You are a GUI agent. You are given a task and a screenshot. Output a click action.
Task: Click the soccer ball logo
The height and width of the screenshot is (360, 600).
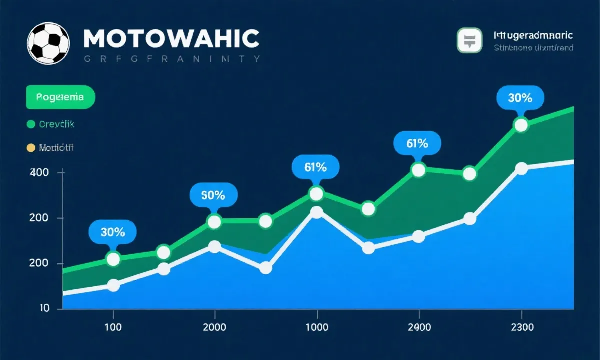click(48, 43)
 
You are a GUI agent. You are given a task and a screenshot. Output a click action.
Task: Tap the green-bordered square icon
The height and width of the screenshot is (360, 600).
click(469, 40)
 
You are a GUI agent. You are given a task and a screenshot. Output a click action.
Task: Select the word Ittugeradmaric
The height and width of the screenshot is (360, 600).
click(533, 36)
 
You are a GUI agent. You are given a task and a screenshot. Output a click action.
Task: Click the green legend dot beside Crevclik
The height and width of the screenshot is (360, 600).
click(31, 124)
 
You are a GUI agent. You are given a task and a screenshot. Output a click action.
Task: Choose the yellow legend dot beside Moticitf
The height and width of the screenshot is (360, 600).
click(31, 148)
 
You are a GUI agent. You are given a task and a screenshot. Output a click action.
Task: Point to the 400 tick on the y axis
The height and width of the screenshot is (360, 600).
click(39, 172)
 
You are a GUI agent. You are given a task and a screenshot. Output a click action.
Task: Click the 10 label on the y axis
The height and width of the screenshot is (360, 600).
click(44, 308)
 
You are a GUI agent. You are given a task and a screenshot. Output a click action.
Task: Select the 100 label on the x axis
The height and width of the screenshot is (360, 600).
click(113, 328)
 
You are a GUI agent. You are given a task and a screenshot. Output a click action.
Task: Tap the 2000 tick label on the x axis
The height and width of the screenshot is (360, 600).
click(215, 328)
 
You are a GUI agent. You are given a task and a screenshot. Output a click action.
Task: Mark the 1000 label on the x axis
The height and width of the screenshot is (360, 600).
click(316, 328)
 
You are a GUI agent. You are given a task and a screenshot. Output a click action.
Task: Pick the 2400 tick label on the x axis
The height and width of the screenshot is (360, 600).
click(418, 328)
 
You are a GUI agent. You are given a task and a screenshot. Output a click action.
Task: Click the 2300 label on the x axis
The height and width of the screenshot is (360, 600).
click(521, 328)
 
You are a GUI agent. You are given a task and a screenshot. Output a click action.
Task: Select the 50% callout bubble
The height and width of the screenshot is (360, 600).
click(213, 195)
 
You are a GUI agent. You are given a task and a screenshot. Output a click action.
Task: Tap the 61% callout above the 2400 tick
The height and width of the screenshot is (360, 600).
click(417, 143)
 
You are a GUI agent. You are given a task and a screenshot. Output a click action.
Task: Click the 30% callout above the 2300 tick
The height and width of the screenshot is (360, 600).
click(520, 98)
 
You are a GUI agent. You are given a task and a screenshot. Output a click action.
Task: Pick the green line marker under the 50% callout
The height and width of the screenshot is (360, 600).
click(214, 222)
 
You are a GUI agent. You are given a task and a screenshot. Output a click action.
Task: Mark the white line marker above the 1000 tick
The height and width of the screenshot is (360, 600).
click(316, 212)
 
